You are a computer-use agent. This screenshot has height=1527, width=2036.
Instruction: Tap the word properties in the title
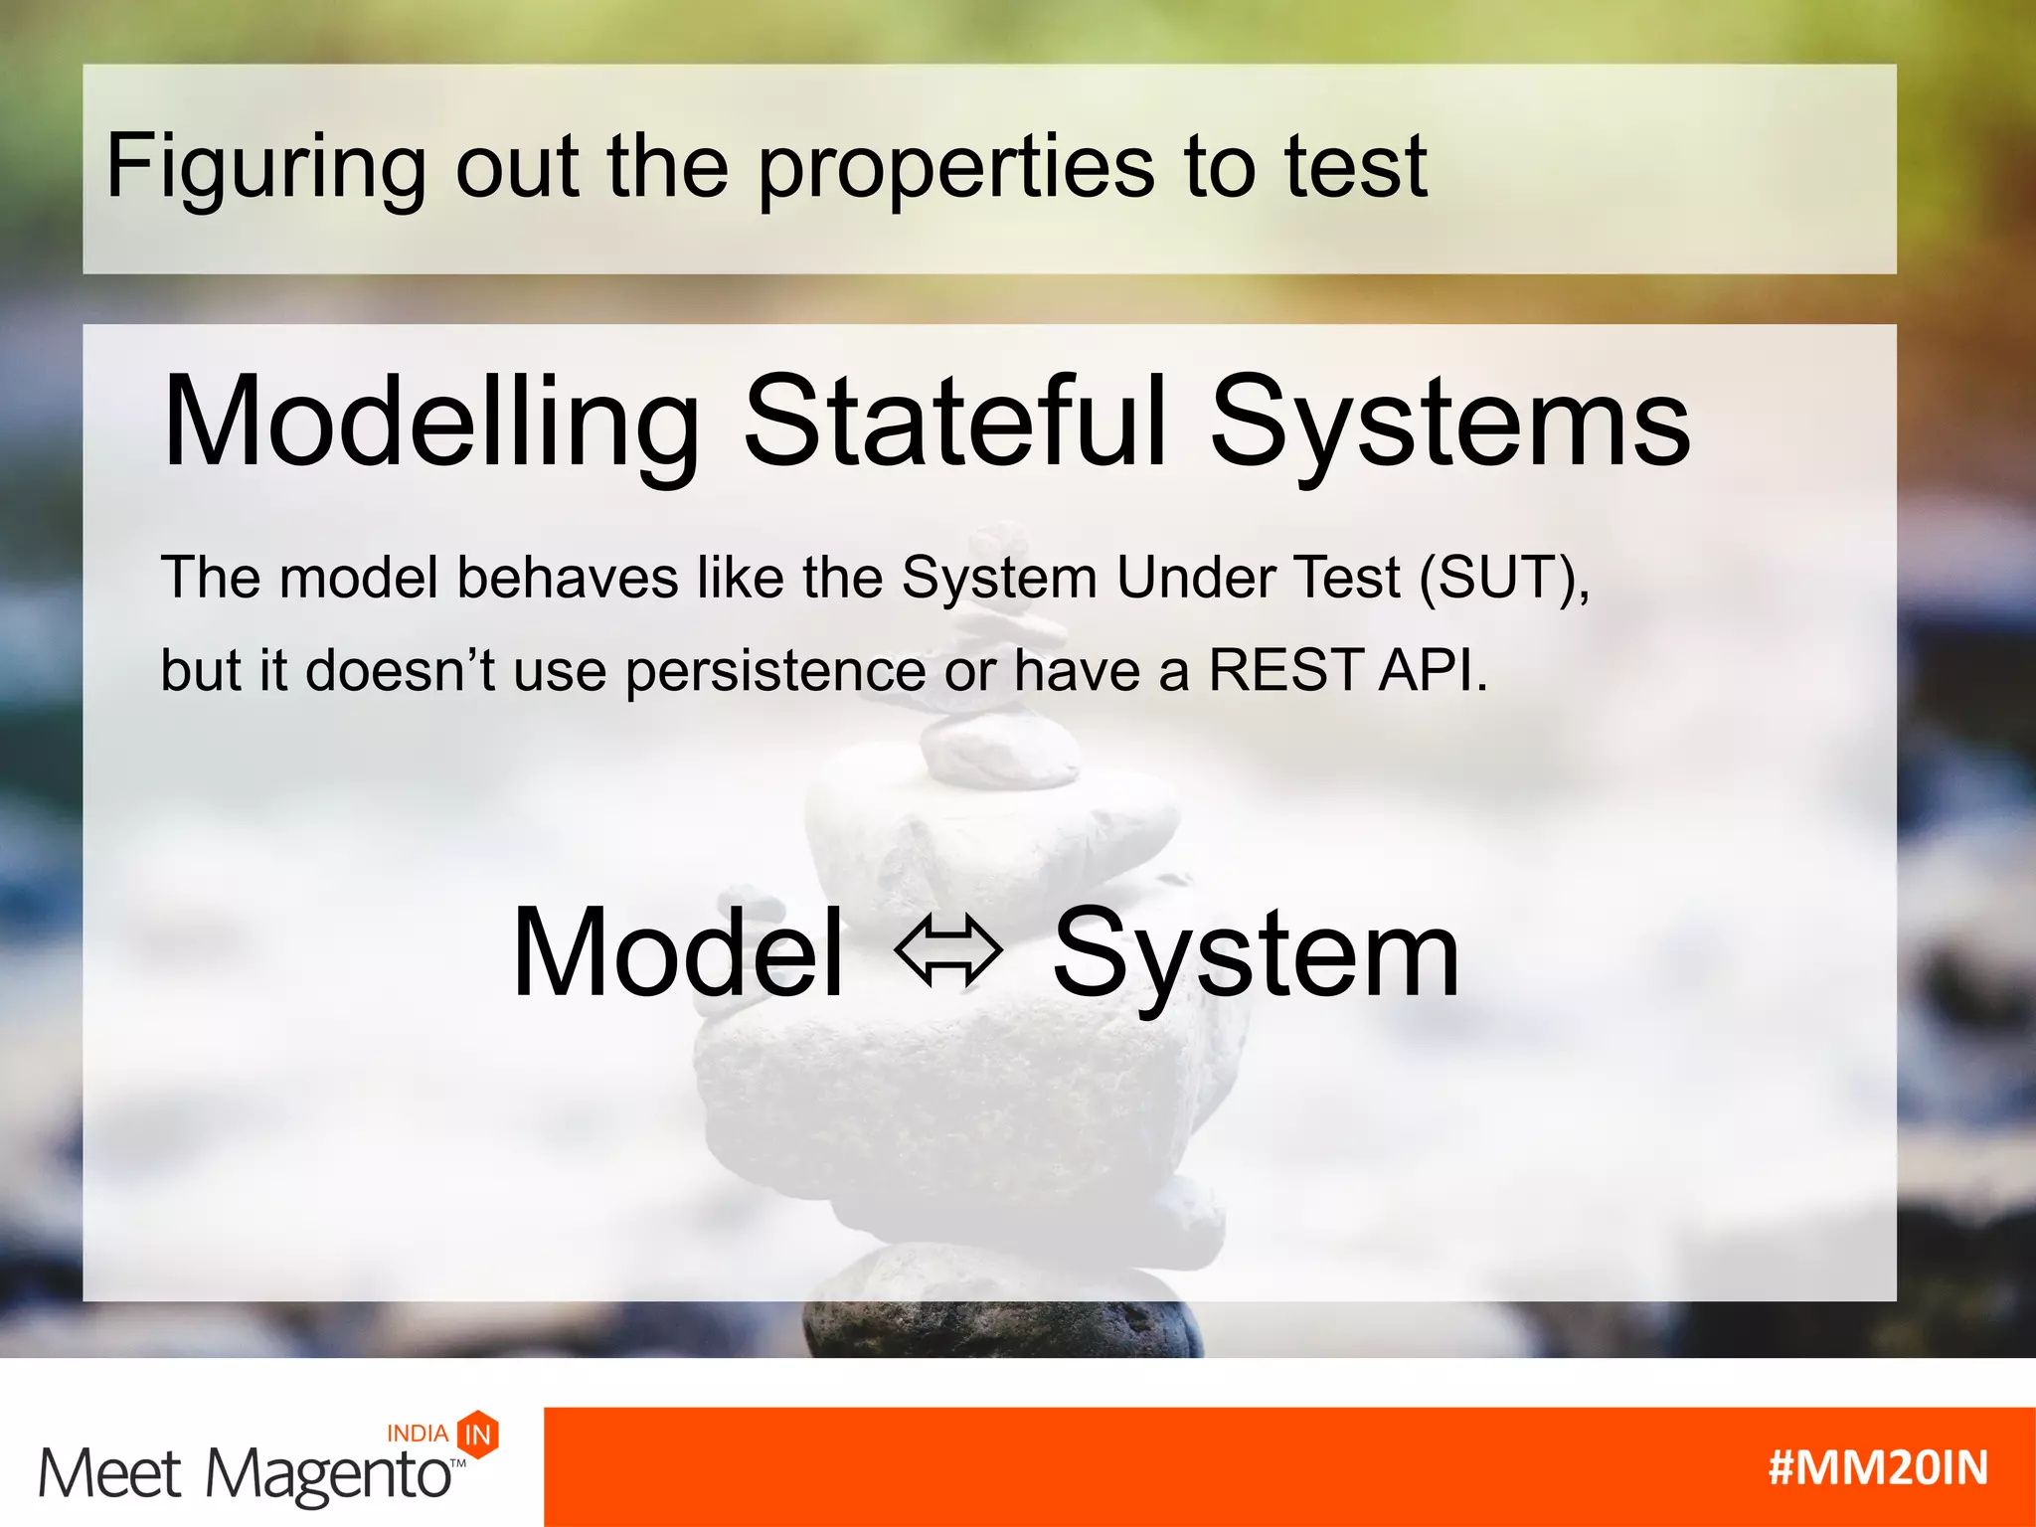pos(956,167)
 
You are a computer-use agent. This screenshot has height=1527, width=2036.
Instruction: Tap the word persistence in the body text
pos(775,671)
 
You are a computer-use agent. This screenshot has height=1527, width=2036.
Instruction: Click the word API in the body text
pos(1432,669)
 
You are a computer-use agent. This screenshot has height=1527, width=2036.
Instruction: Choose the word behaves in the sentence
pos(567,577)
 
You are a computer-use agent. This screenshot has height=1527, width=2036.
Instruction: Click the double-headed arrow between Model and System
pos(947,952)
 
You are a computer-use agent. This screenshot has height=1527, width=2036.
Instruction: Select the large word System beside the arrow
pos(1256,956)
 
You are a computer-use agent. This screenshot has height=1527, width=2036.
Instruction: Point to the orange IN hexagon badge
pos(478,1434)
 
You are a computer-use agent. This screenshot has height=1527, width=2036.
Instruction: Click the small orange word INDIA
pos(418,1434)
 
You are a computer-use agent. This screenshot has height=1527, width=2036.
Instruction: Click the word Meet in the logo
pos(109,1474)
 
